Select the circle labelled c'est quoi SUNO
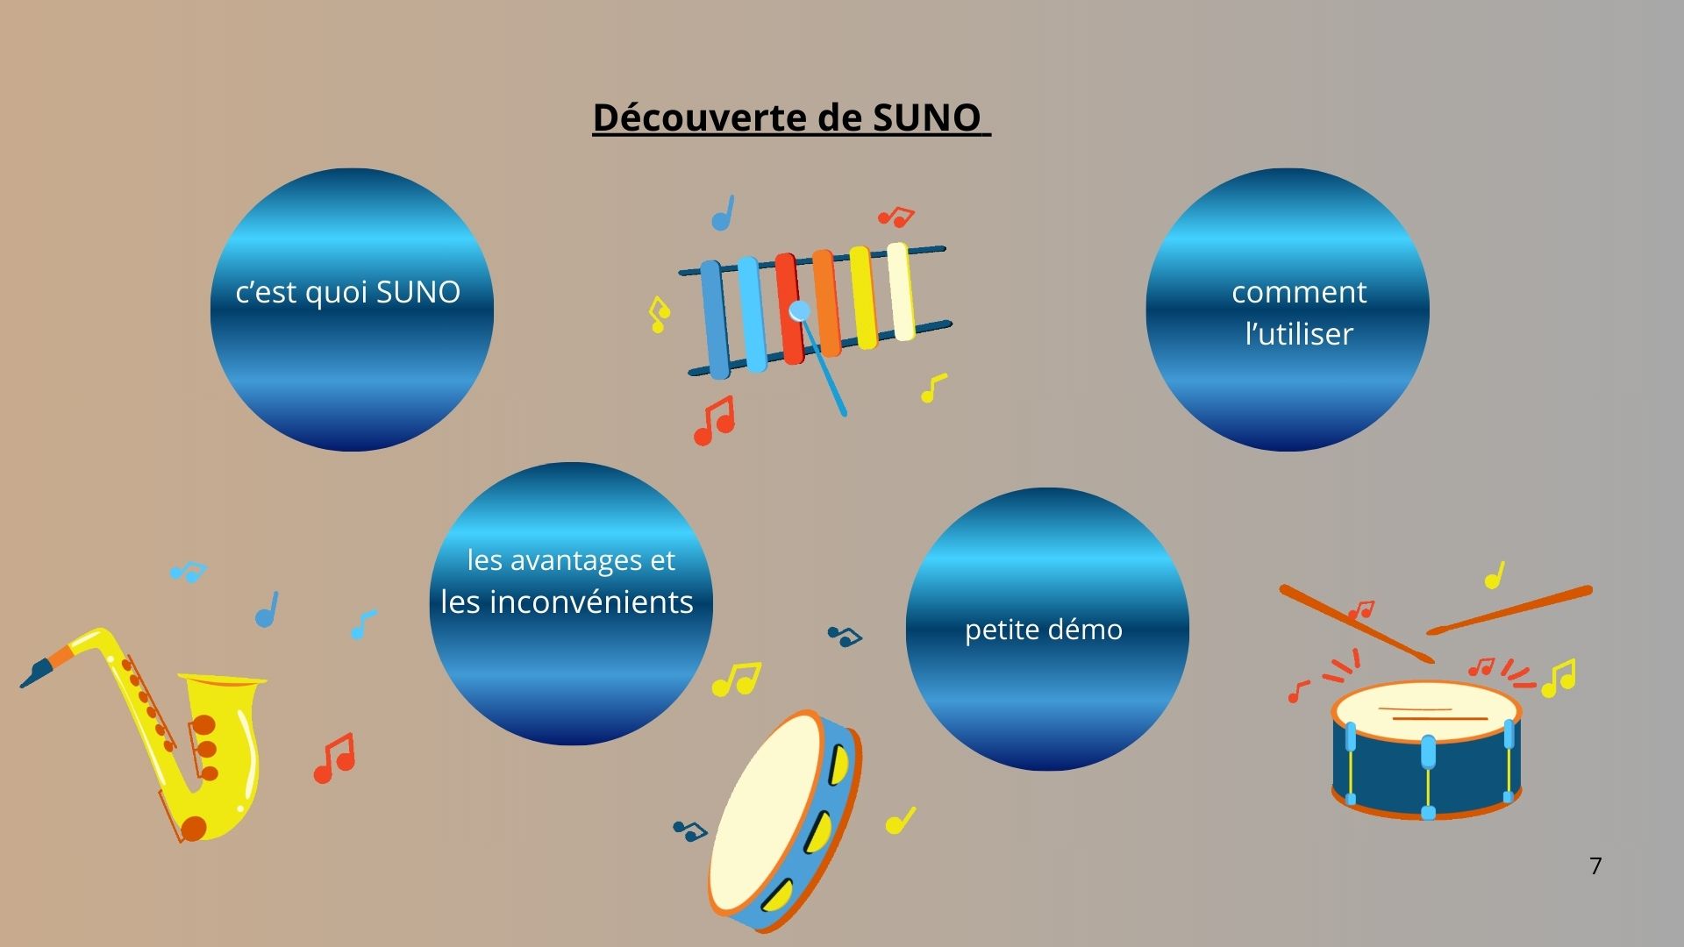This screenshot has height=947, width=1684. (x=352, y=310)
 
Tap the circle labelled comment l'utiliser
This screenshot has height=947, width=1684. (x=1288, y=310)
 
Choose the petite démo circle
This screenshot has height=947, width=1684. (x=1047, y=629)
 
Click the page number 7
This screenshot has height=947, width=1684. (x=1595, y=866)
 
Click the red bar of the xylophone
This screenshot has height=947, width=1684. (x=788, y=309)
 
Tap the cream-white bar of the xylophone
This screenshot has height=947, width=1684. (x=901, y=291)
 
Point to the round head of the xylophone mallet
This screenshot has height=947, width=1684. (x=799, y=310)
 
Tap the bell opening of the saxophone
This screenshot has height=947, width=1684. (x=223, y=680)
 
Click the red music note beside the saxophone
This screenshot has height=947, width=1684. (x=334, y=758)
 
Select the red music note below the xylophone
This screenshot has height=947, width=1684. (x=714, y=421)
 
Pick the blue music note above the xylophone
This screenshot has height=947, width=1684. (x=723, y=213)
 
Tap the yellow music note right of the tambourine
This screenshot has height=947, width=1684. (x=901, y=821)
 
